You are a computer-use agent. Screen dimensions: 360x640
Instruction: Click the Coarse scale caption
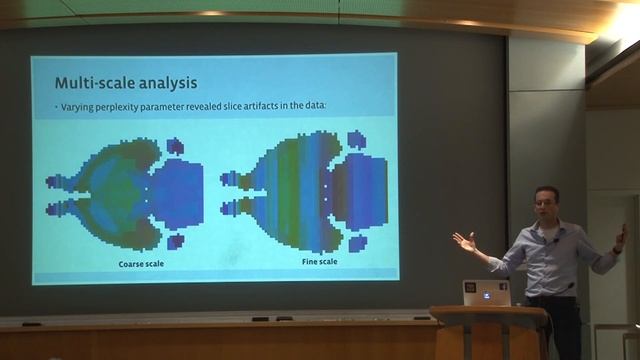coord(138,262)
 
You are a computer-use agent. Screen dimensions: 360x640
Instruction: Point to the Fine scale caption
coord(319,261)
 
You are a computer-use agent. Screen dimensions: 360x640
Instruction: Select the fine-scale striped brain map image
coord(305,191)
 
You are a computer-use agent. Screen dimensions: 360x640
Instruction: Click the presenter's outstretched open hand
coord(464,242)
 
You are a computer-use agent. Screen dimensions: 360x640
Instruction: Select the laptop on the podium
coord(487,293)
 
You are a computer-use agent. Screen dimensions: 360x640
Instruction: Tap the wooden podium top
coord(490,313)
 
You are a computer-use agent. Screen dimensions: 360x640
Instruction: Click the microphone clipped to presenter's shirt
coord(554,242)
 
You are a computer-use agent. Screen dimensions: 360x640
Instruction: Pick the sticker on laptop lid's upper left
coord(470,286)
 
